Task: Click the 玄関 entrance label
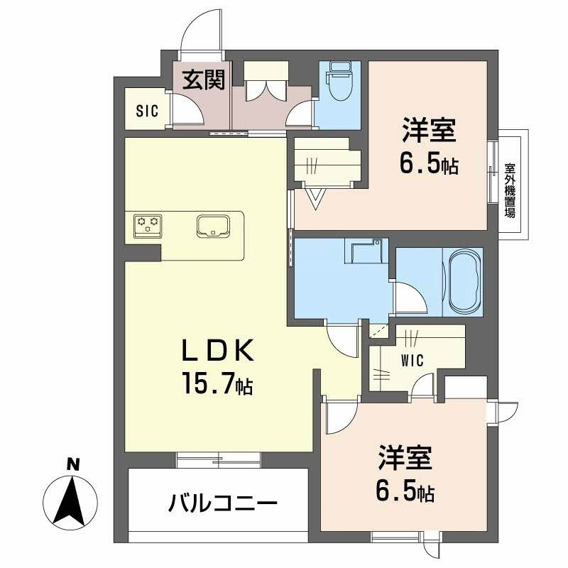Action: coord(204,80)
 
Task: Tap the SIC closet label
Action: coord(147,111)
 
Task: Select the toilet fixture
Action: coord(339,81)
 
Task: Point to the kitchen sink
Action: coord(212,226)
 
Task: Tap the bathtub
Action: coord(464,282)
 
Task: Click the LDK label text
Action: coord(217,351)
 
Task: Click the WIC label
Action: coord(413,361)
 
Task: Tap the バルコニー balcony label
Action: coord(223,503)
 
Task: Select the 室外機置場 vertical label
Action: coord(510,191)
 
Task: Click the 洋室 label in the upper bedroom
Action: coord(429,130)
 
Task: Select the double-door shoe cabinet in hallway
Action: coord(267,80)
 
